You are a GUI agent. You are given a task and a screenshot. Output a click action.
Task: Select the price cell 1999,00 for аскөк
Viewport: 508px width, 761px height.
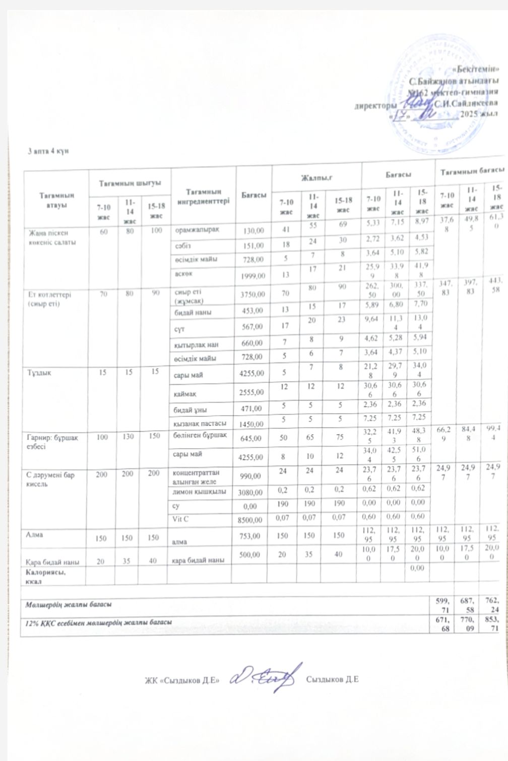click(253, 275)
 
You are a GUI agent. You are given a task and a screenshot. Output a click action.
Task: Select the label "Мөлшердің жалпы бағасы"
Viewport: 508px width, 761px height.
click(69, 603)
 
